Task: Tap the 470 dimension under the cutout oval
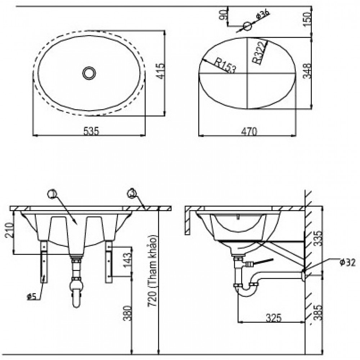249,131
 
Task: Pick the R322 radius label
260,53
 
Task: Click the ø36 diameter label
262,16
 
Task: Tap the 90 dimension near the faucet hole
223,15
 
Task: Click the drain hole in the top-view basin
89,73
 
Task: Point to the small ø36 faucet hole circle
247,26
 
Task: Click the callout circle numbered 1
53,194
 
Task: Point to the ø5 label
31,296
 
